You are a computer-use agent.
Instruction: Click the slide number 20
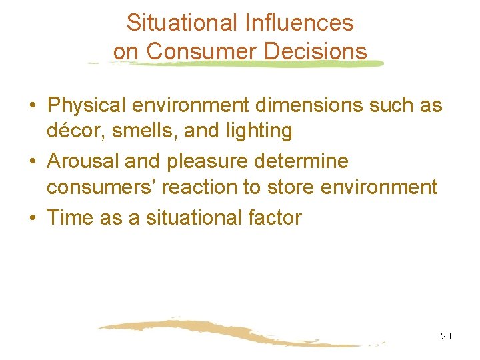446,336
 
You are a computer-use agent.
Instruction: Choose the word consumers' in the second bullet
91,187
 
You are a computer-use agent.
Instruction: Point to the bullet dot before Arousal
32,162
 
